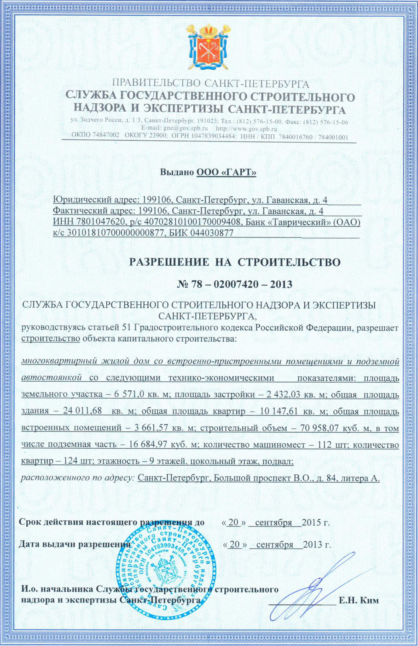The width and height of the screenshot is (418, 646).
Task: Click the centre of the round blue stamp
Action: pos(165,562)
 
